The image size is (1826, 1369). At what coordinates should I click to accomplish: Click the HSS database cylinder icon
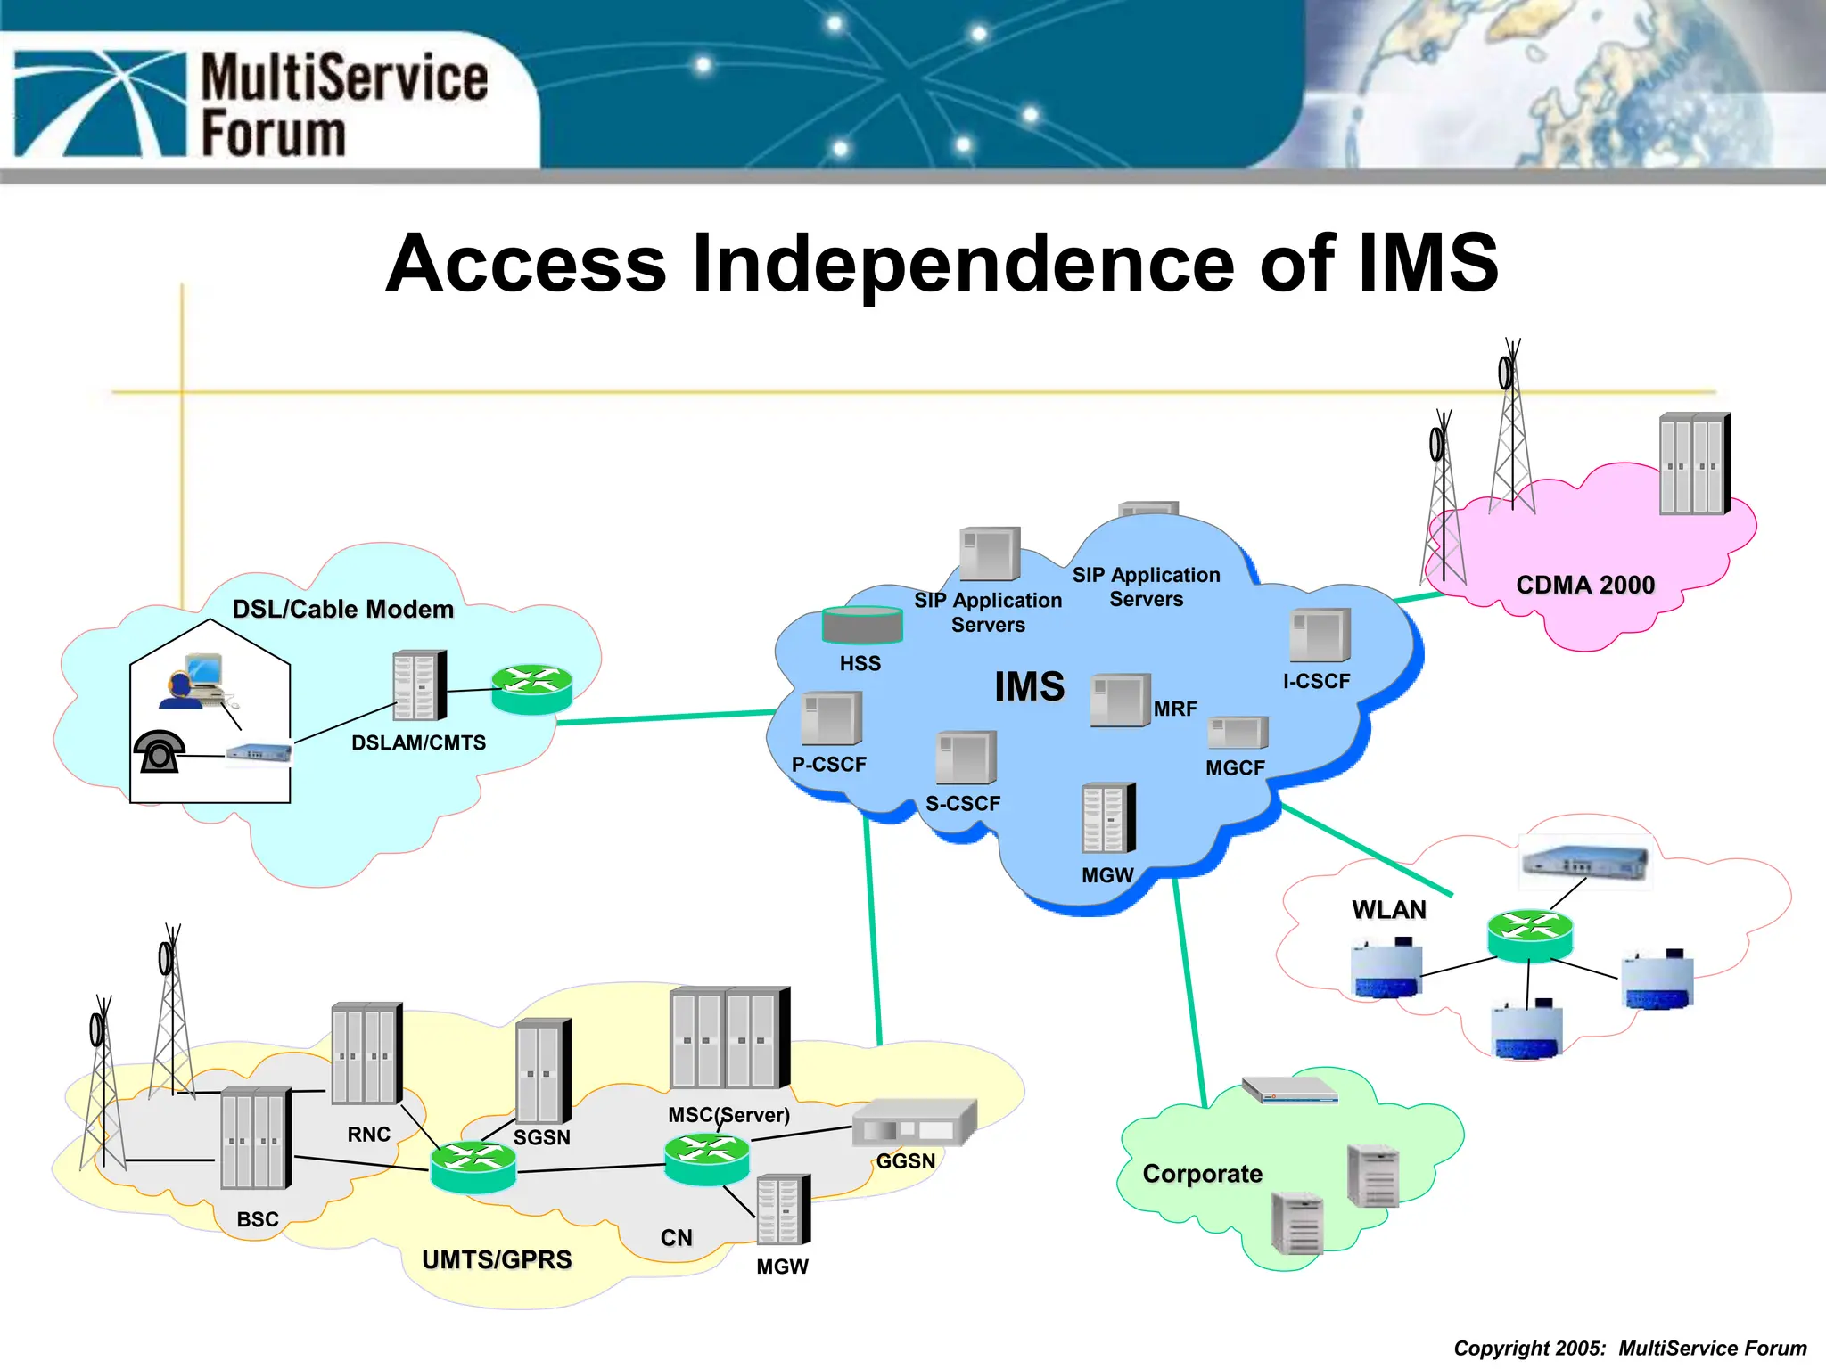861,625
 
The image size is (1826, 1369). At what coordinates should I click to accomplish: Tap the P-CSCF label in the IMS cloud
829,765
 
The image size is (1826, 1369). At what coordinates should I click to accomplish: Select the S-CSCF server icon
966,758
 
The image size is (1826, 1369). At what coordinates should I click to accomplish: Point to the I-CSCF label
1316,682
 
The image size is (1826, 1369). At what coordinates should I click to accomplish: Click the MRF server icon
1120,701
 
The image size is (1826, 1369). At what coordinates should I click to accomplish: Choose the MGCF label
1235,768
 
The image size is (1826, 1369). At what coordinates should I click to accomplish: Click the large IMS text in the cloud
1030,687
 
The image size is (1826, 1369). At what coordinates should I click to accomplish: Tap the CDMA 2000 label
1585,586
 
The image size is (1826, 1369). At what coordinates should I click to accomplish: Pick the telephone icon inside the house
160,752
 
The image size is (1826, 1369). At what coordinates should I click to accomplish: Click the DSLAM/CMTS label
418,743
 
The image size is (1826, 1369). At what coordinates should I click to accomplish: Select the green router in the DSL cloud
532,689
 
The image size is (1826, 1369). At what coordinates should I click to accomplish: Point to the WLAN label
1388,910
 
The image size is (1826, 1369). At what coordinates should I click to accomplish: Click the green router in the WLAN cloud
1530,935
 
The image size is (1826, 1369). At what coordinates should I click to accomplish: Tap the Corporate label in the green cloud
1202,1174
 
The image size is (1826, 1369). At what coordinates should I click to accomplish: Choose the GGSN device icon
914,1123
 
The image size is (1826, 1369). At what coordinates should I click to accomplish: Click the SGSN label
541,1138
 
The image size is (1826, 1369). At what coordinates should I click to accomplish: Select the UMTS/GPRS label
497,1260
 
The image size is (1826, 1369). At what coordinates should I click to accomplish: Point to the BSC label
258,1219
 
